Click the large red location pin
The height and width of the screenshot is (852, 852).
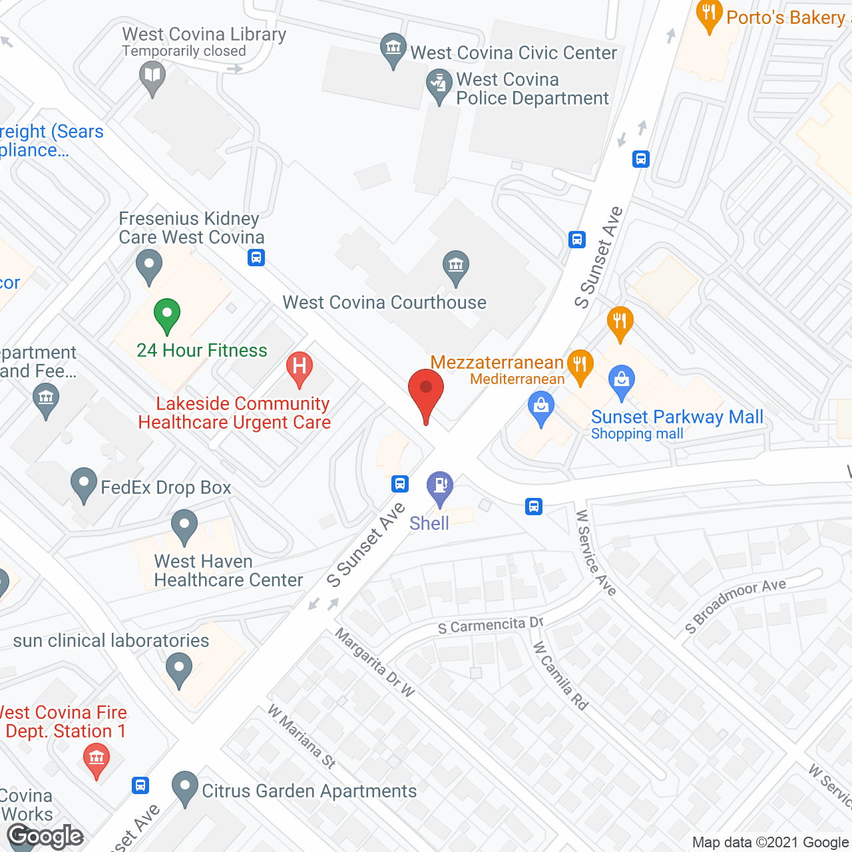[x=425, y=393]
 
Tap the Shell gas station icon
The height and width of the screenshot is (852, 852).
[x=440, y=487]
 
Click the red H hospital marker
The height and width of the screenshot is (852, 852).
[x=300, y=368]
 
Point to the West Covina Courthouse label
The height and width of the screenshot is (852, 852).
[x=384, y=303]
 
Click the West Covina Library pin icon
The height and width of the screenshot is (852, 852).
[x=152, y=77]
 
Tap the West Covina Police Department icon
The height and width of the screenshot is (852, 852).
[x=439, y=87]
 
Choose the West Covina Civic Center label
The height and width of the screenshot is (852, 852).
[x=513, y=53]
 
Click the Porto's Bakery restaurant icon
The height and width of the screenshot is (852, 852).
[x=709, y=15]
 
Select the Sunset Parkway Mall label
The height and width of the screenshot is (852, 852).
[x=677, y=417]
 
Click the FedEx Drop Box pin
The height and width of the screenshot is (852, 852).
[x=84, y=484]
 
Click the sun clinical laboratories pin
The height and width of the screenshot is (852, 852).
[x=178, y=670]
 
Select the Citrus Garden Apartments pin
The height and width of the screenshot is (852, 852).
[x=184, y=787]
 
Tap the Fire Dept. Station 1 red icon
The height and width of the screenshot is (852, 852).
[x=97, y=759]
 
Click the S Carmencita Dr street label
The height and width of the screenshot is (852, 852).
[x=491, y=626]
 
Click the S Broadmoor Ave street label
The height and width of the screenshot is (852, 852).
[x=736, y=606]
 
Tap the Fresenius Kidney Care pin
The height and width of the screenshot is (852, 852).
[x=149, y=266]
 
